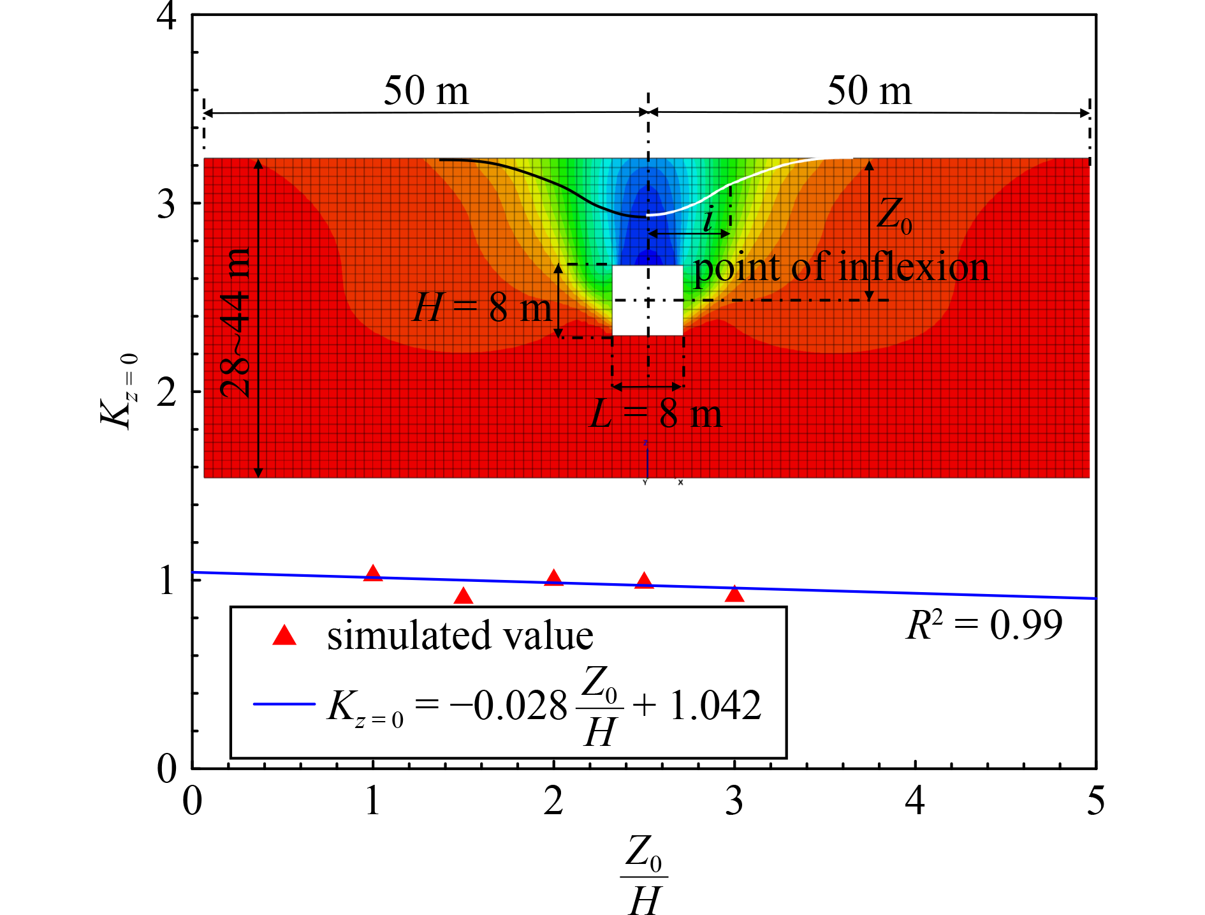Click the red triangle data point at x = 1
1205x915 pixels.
pos(373,574)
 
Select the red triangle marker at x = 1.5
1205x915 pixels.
pos(464,597)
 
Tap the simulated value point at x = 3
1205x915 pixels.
pos(734,595)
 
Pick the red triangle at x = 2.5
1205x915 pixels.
pos(644,581)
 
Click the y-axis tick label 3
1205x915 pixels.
pos(166,204)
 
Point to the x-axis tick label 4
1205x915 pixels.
pos(915,801)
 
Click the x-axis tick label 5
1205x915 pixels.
pos(1095,801)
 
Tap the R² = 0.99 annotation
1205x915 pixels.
pos(984,625)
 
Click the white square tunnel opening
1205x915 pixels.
pos(647,300)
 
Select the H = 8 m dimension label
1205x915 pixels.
pos(482,308)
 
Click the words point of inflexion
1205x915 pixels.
pos(841,267)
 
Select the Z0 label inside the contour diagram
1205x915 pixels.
pos(894,214)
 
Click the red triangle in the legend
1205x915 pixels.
pos(284,636)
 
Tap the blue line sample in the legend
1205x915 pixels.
pos(284,704)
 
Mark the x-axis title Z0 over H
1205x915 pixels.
pos(644,874)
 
